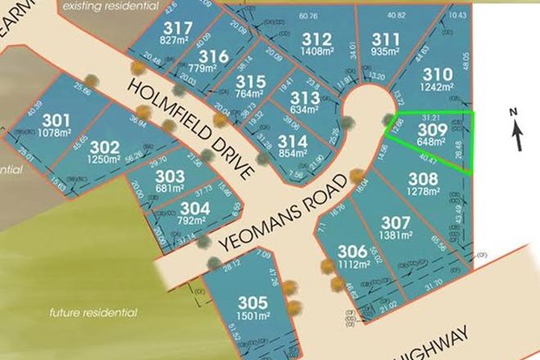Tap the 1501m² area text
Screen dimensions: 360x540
[253, 319]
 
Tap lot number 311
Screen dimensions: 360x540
[385, 38]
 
